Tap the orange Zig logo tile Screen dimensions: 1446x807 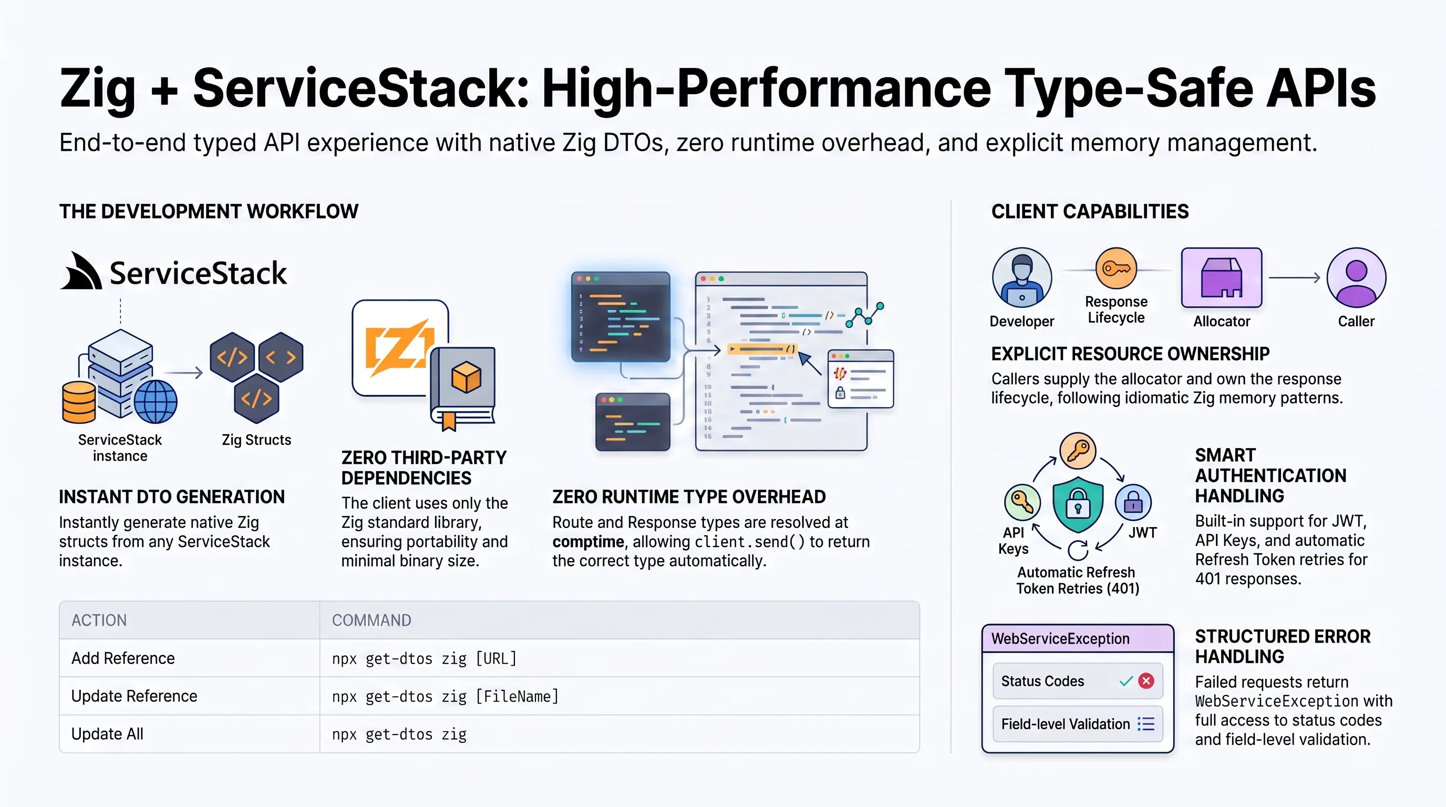[x=400, y=347]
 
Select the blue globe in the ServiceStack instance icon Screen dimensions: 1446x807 [x=156, y=402]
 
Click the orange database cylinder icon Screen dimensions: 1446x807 [x=79, y=402]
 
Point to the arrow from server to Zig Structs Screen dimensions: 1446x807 [x=183, y=373]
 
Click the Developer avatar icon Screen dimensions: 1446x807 [x=1021, y=277]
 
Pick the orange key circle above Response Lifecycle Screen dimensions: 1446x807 [x=1116, y=268]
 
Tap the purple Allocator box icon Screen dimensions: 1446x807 [x=1222, y=278]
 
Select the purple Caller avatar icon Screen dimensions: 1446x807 [x=1356, y=277]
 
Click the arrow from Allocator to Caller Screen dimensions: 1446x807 [x=1295, y=277]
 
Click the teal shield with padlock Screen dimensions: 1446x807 [x=1078, y=504]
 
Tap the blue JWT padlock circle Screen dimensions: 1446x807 [x=1133, y=502]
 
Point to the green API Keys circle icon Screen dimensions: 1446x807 [x=1022, y=502]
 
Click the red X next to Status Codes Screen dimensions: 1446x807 [x=1147, y=681]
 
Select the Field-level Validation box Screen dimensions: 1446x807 [x=1078, y=724]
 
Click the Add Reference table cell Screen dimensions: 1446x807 [x=190, y=658]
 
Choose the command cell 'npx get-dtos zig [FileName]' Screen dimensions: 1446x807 [x=619, y=696]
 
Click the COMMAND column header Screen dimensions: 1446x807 [x=371, y=620]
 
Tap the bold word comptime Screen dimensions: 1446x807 [x=588, y=542]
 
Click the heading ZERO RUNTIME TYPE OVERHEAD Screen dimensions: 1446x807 [x=689, y=496]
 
